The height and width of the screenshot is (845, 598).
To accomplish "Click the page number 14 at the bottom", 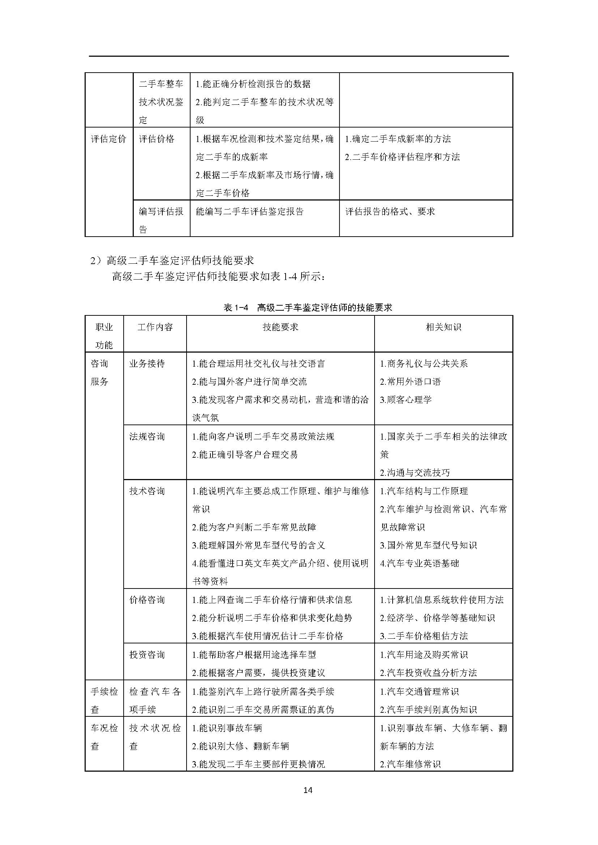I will pyautogui.click(x=308, y=790).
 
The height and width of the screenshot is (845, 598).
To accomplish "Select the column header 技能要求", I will pyautogui.click(x=280, y=327).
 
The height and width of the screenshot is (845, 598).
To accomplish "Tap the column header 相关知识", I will pyautogui.click(x=443, y=327).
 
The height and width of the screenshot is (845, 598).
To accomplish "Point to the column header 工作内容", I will pyautogui.click(x=155, y=327).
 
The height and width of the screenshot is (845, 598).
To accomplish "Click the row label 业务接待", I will pyautogui.click(x=147, y=364).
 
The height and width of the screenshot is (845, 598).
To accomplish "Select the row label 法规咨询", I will pyautogui.click(x=147, y=436).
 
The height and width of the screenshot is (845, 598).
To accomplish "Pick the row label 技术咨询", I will pyautogui.click(x=147, y=491).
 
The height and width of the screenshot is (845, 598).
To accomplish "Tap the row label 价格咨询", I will pyautogui.click(x=147, y=600).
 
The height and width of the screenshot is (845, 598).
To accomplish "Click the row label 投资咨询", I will pyautogui.click(x=147, y=655).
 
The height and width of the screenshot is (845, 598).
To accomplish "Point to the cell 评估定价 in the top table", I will pyautogui.click(x=108, y=139).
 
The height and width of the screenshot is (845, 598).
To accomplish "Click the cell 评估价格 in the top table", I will pyautogui.click(x=157, y=139).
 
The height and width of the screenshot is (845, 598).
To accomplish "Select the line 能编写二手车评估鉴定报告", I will pyautogui.click(x=250, y=212).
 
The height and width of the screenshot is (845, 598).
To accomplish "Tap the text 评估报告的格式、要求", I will pyautogui.click(x=390, y=212).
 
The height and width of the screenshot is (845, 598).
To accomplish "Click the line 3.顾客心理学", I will pyautogui.click(x=406, y=400).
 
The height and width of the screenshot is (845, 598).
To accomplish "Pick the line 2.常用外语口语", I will pyautogui.click(x=410, y=381).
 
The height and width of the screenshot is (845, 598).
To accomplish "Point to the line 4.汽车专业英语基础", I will pyautogui.click(x=419, y=564).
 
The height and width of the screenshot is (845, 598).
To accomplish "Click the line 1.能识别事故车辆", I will pyautogui.click(x=227, y=728).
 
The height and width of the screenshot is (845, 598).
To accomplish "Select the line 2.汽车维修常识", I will pyautogui.click(x=410, y=764).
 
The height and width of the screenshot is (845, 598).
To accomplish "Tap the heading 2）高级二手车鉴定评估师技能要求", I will pyautogui.click(x=172, y=260).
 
